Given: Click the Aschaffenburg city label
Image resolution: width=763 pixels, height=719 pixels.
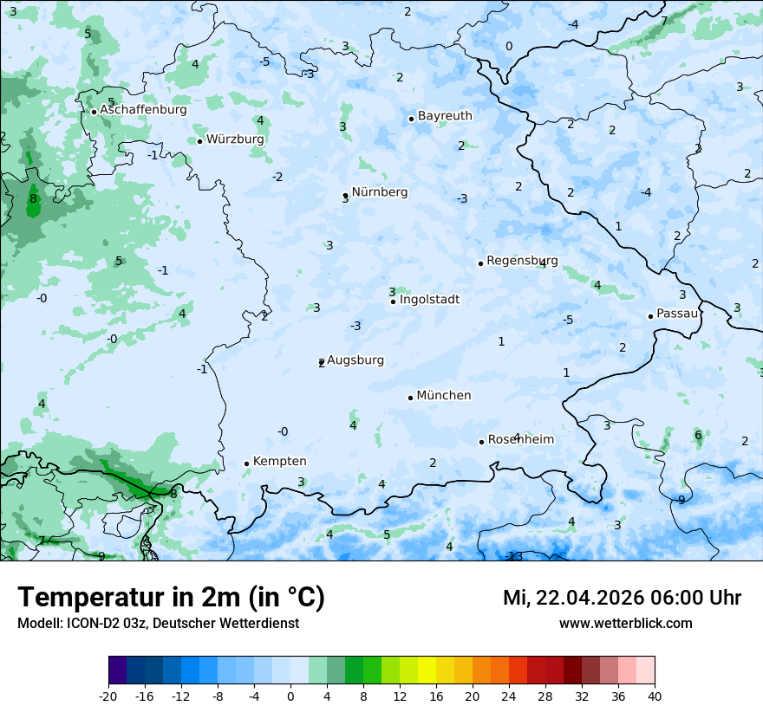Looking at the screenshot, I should click(x=143, y=110).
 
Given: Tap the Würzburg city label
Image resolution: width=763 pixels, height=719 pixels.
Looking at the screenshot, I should click(x=235, y=139).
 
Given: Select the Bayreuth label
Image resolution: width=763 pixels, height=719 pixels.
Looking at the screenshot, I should click(x=445, y=115).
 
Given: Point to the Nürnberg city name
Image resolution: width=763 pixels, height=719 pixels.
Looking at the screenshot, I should click(x=379, y=192).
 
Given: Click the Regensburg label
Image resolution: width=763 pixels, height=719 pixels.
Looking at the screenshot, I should click(x=522, y=261).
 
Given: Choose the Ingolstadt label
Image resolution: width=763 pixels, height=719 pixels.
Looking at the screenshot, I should click(x=429, y=300).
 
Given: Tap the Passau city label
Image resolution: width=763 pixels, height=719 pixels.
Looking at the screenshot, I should click(x=677, y=314).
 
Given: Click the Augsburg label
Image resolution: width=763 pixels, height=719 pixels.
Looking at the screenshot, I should click(x=355, y=360).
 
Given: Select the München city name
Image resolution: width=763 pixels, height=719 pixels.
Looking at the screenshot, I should click(x=444, y=396).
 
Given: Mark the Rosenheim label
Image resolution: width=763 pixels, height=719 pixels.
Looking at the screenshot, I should click(x=521, y=440).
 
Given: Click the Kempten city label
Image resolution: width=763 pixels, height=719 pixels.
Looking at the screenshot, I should click(x=279, y=462).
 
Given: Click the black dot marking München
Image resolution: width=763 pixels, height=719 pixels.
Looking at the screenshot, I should click(x=410, y=398).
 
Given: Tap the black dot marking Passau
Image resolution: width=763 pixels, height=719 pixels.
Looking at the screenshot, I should click(x=650, y=316).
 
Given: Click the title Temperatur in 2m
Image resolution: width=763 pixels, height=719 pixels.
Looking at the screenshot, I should click(x=171, y=598).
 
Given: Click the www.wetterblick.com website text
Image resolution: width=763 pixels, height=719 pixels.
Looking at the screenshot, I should click(x=625, y=624).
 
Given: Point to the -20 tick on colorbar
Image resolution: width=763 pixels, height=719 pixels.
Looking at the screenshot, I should click(x=108, y=696).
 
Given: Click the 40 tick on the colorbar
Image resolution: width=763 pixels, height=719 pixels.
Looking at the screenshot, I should click(x=655, y=696).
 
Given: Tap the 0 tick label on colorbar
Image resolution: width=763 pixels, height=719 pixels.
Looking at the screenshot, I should click(x=290, y=696).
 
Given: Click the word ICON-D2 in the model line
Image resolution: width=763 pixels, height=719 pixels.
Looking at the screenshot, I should click(x=88, y=624).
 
